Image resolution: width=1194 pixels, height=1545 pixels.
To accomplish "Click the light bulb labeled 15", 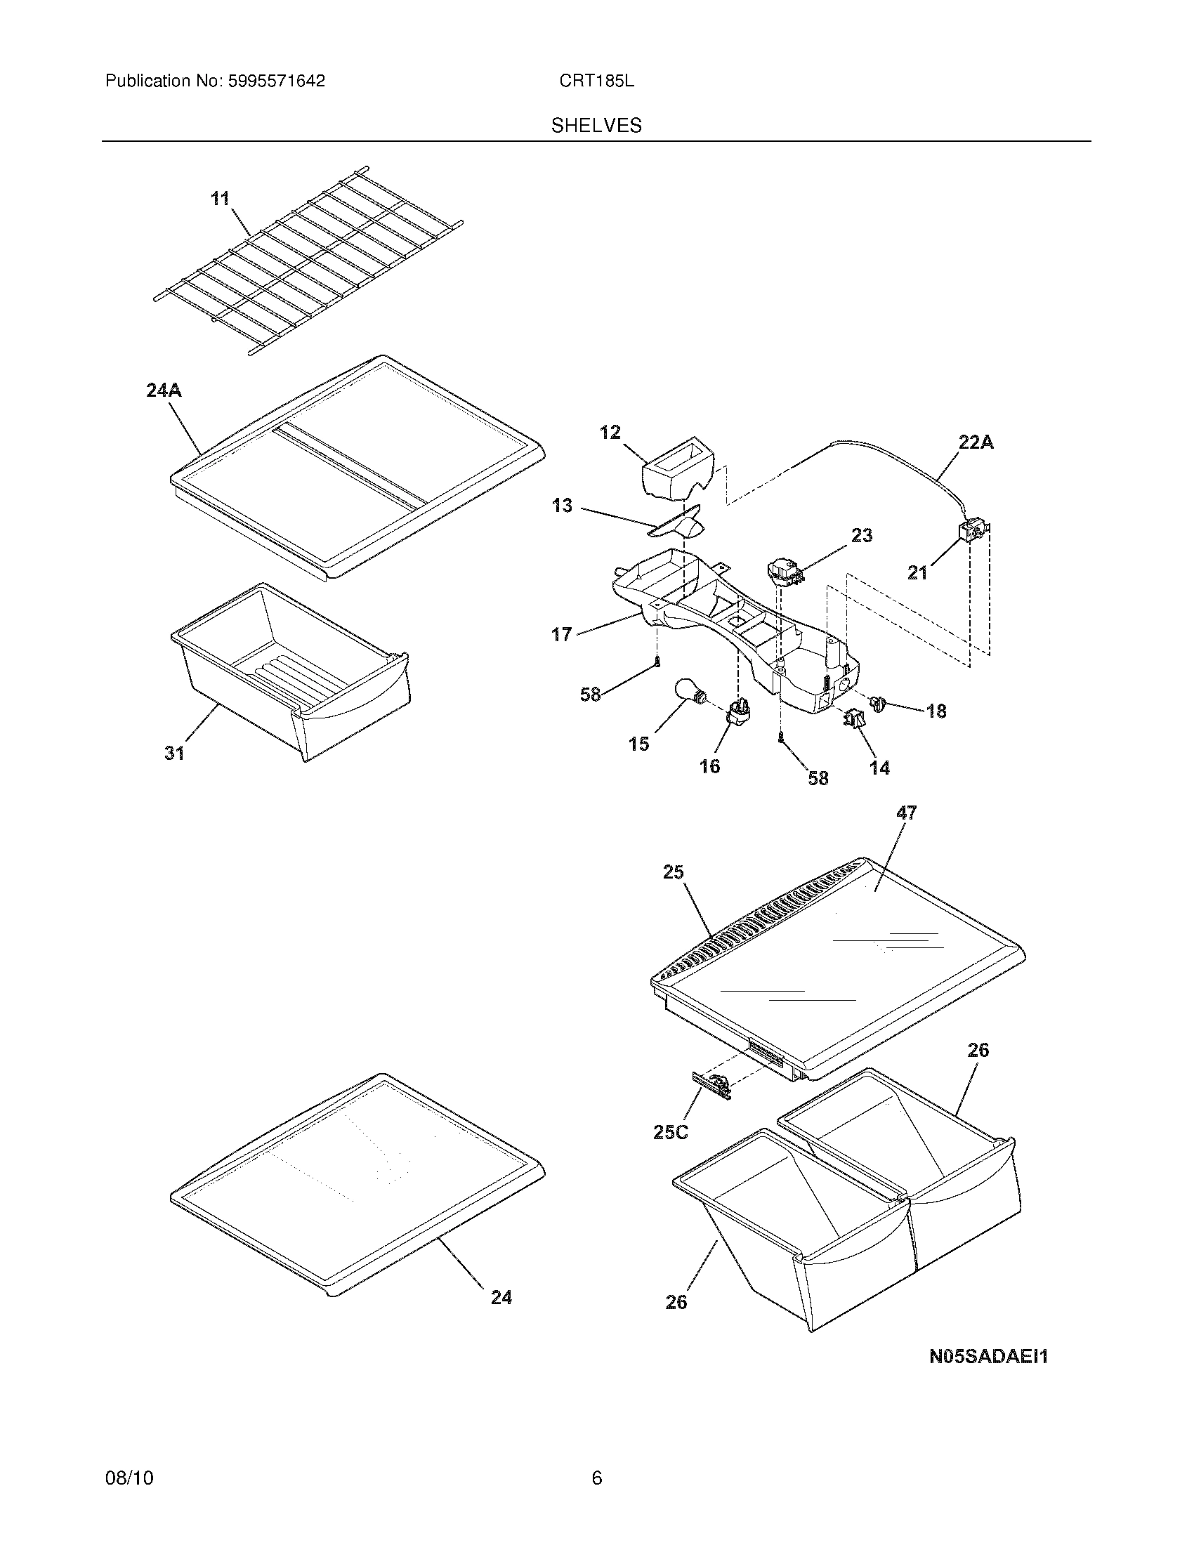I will tap(688, 691).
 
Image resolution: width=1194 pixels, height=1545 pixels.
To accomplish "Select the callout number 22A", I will tap(976, 442).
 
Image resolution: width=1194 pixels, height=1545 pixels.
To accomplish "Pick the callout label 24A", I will tap(164, 390).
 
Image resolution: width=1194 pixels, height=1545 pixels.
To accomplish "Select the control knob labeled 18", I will tap(878, 703).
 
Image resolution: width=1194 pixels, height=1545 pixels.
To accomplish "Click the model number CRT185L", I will tap(596, 81).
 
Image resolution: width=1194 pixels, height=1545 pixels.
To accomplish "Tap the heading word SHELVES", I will tap(596, 126).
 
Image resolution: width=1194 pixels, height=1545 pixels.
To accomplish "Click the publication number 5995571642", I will tap(277, 81).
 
